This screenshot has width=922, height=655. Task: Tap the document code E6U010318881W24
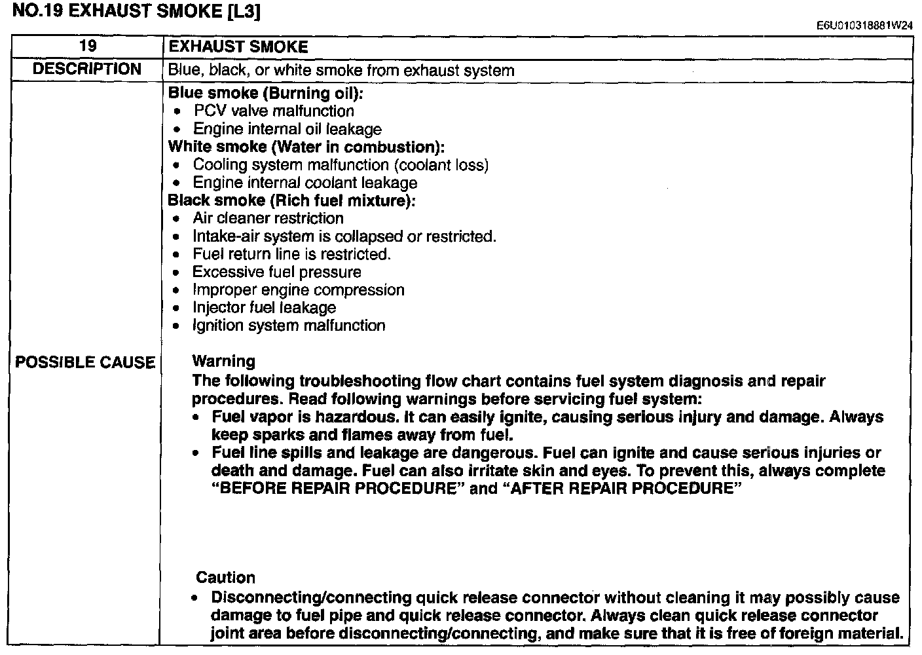864,26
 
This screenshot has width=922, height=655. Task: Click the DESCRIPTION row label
86,69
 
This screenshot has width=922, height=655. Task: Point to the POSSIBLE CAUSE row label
85,362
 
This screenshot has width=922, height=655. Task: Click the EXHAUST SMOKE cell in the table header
238,47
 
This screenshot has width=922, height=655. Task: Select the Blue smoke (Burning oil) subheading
265,93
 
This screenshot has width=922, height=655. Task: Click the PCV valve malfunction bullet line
274,111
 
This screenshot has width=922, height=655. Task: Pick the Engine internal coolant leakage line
304,183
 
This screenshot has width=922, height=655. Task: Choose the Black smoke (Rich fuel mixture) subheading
291,200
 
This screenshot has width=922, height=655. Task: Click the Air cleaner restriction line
268,218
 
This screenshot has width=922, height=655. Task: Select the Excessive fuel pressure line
276,272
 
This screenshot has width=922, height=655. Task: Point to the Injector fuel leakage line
264,307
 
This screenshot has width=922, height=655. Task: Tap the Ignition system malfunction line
289,326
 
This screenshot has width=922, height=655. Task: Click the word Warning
223,361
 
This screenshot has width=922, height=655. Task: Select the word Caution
225,578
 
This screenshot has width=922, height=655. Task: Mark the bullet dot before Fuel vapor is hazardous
196,417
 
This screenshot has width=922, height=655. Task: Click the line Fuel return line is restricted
291,254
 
